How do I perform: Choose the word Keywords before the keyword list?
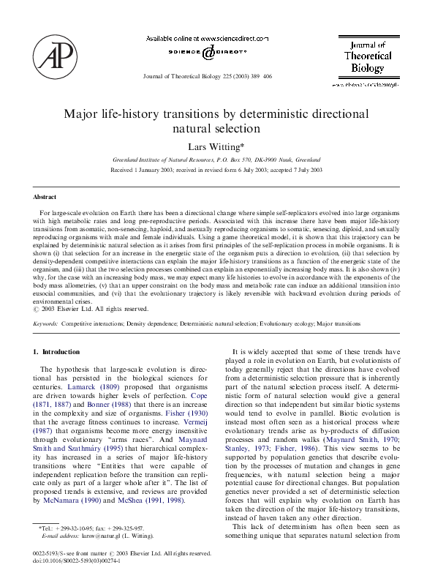tap(45, 323)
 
